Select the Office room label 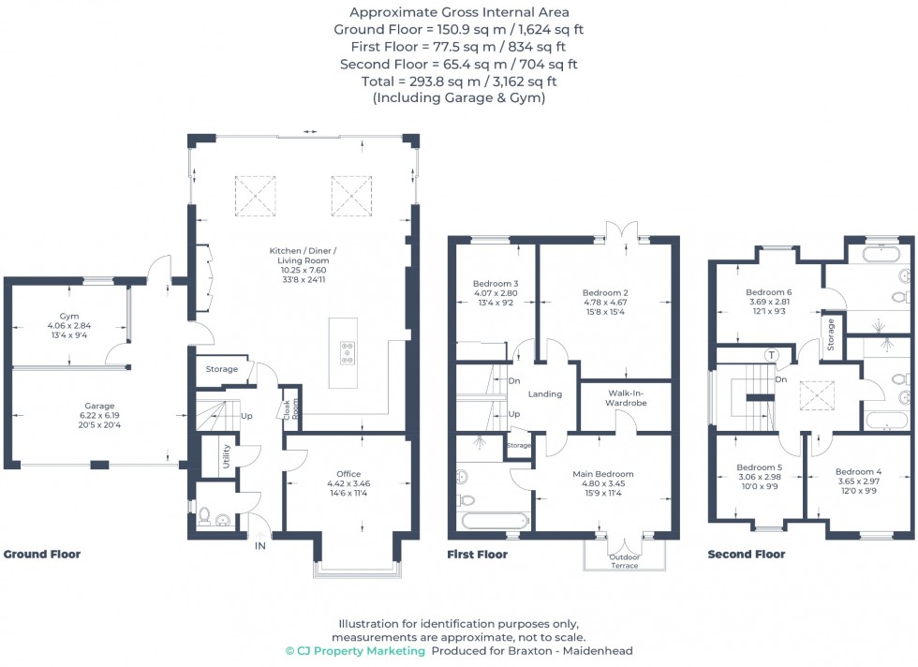click(348, 474)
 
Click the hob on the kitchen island click(348, 352)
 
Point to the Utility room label click(226, 456)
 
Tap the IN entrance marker click(260, 545)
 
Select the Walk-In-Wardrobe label click(626, 396)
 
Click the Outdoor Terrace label click(626, 561)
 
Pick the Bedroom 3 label click(496, 284)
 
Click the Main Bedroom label click(603, 474)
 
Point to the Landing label click(544, 394)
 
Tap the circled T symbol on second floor click(771, 355)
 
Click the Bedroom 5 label click(759, 467)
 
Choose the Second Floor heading click(746, 555)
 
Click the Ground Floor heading click(42, 555)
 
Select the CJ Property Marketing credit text click(355, 650)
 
